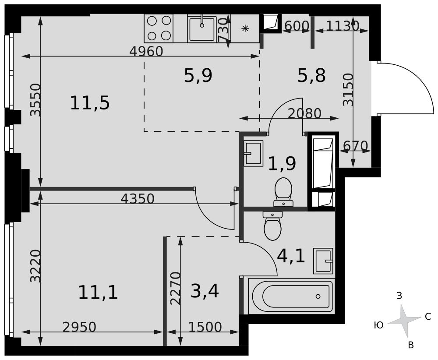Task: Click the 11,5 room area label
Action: tap(90, 103)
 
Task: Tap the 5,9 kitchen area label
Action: tap(198, 75)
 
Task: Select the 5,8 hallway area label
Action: tap(311, 75)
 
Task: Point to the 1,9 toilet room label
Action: tap(282, 163)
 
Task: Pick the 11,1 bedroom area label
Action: tap(98, 293)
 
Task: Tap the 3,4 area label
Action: tap(205, 291)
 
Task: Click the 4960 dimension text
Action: tap(146, 51)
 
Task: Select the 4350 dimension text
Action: tap(138, 199)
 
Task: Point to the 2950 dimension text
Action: tap(79, 327)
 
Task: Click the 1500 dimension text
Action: tap(205, 327)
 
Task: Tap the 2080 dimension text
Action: tap(304, 113)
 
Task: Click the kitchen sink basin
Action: tap(202, 29)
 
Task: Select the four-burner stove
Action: tap(159, 28)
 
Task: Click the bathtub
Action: tap(291, 296)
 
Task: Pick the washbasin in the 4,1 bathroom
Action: tap(323, 261)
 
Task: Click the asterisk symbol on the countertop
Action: tap(245, 28)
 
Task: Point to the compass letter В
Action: tap(411, 345)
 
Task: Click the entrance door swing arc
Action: tap(422, 81)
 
